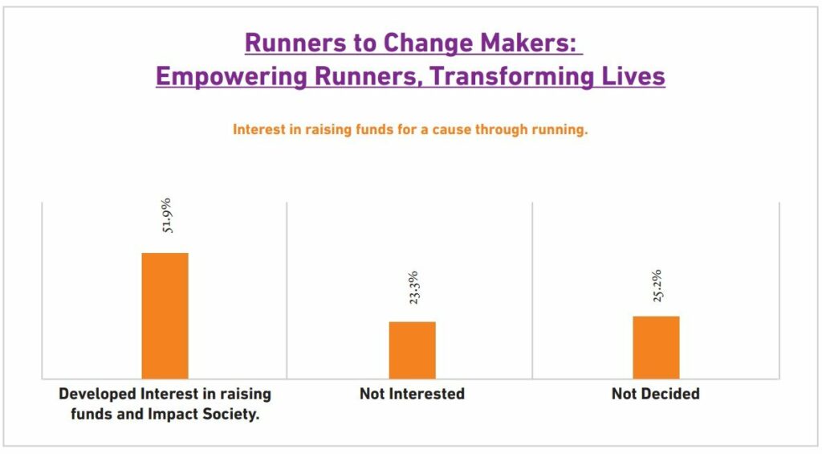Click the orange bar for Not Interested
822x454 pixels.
point(412,350)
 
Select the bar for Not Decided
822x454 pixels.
point(656,347)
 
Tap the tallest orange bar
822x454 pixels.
point(165,316)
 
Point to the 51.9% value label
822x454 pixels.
point(166,215)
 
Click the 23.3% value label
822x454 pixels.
point(413,288)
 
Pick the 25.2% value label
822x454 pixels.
point(657,285)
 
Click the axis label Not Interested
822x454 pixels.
point(412,394)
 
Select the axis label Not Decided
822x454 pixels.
point(656,394)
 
